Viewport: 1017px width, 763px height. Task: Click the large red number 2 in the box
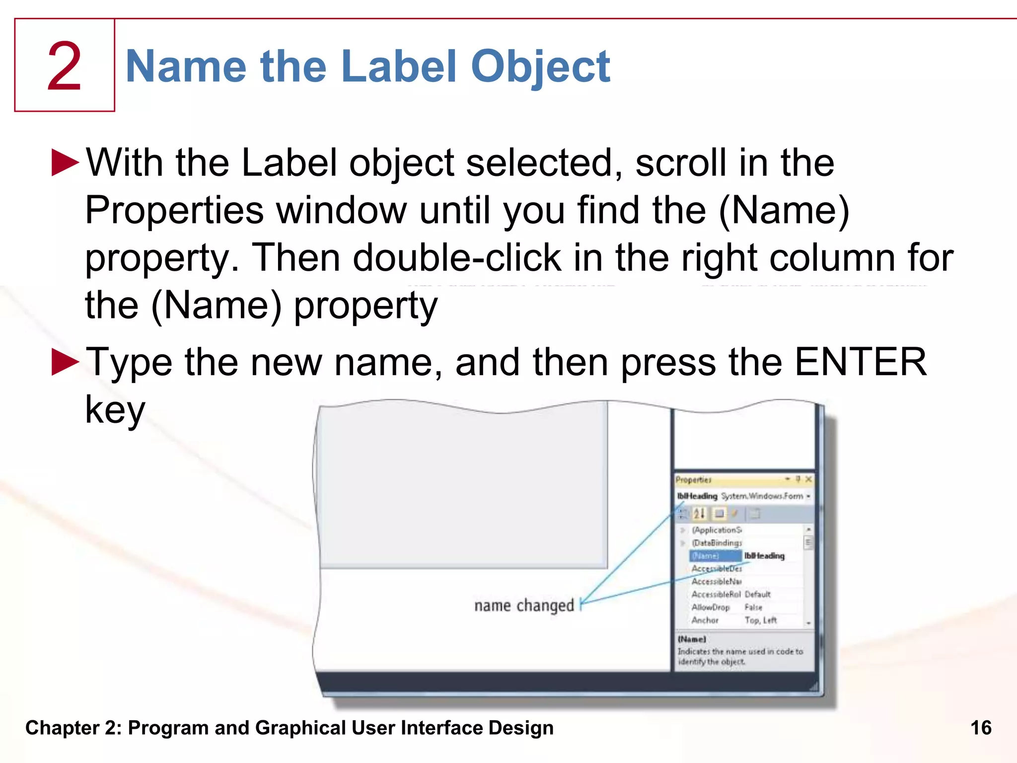point(64,67)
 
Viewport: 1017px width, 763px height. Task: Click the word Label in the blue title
point(399,67)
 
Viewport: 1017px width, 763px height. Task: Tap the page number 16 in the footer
point(981,728)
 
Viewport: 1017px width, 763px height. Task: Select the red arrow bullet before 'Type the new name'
point(65,362)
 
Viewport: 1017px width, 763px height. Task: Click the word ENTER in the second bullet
point(861,362)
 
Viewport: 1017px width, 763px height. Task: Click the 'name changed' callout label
point(524,605)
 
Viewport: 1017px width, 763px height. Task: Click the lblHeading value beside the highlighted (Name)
point(764,556)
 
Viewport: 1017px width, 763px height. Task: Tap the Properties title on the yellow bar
point(694,480)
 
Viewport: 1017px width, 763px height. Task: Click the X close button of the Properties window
point(808,479)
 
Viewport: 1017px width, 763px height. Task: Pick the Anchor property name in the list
point(705,620)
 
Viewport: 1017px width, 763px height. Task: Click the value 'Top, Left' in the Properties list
point(761,620)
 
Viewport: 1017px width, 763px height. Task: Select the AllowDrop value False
point(753,608)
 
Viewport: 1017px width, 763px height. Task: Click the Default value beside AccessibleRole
point(758,595)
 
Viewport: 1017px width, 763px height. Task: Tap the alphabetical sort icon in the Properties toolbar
point(699,514)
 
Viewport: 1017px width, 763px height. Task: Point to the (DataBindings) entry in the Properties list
point(717,543)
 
